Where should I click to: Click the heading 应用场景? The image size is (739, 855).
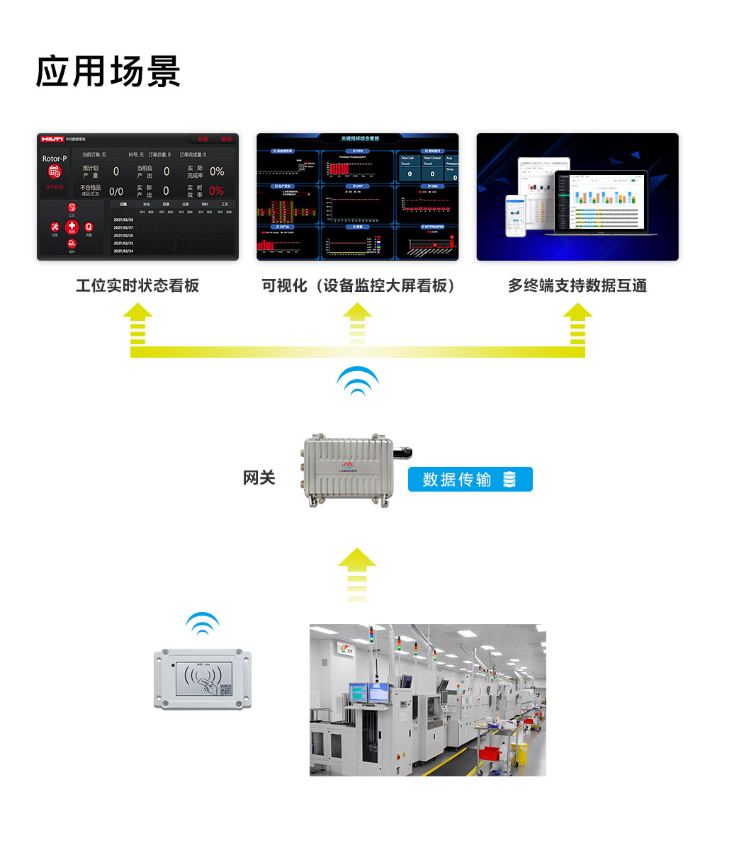[x=108, y=72]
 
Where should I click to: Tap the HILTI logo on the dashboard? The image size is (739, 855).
[x=52, y=139]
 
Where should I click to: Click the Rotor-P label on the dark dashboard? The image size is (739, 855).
[x=55, y=159]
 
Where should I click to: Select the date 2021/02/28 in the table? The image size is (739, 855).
[x=123, y=220]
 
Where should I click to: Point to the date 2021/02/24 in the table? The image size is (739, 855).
[x=123, y=251]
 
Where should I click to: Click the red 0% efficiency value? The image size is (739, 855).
[x=216, y=191]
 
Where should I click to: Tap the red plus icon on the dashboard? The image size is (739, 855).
[x=72, y=227]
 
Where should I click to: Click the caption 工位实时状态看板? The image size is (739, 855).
[x=137, y=285]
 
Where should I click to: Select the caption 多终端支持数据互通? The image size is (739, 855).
[x=577, y=285]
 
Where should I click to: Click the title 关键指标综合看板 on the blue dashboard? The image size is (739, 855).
[x=360, y=139]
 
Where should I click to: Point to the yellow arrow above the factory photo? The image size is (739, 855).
[x=356, y=574]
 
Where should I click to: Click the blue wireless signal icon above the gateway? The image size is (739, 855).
[x=358, y=381]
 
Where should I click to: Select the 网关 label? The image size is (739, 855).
[x=259, y=478]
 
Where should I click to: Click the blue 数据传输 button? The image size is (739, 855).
[x=470, y=480]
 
